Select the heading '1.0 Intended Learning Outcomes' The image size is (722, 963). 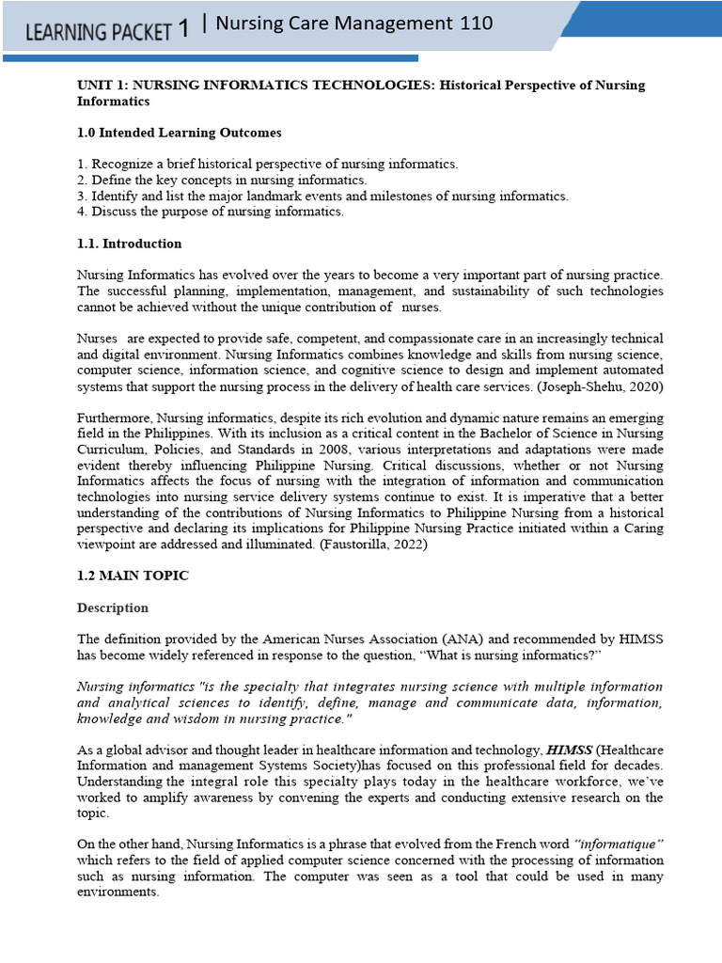(x=179, y=133)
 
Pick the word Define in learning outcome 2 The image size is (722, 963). (x=111, y=180)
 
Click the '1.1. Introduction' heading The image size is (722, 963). (x=129, y=244)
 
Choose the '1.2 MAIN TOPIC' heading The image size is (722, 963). (x=133, y=576)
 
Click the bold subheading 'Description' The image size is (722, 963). (x=112, y=608)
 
